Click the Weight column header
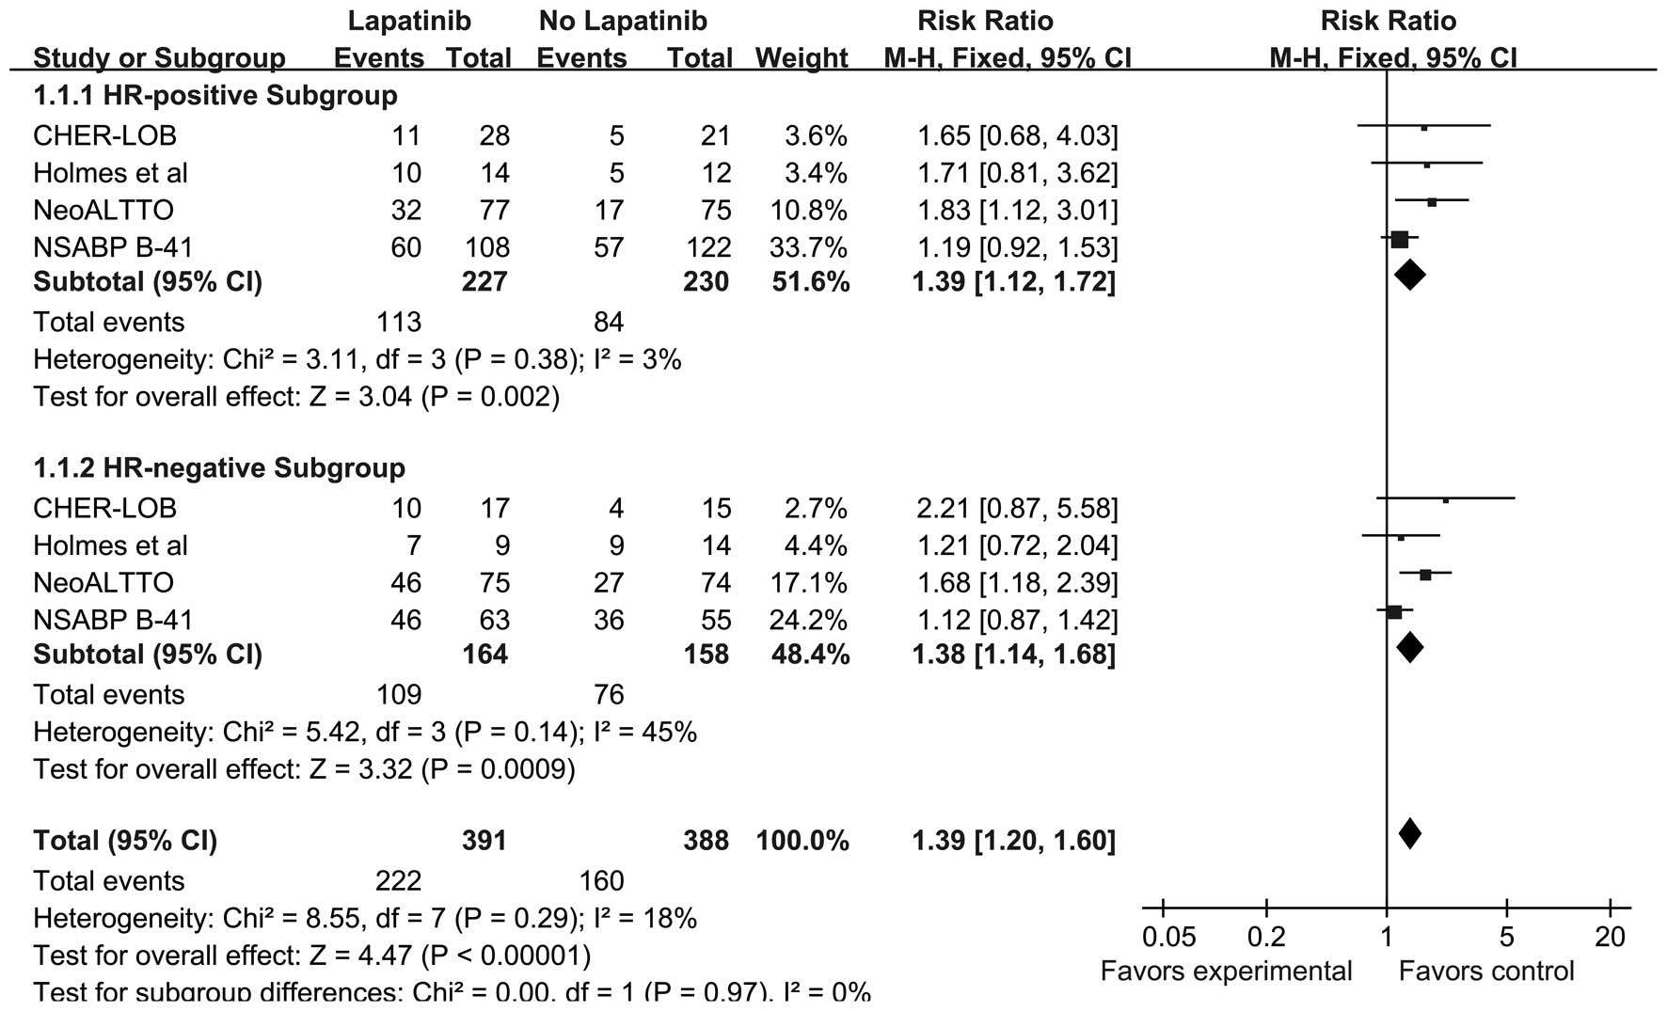tap(802, 58)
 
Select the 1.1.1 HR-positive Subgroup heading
tap(215, 96)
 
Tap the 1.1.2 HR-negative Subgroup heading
tap(219, 468)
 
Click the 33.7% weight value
tap(811, 247)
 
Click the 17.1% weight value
tap(811, 582)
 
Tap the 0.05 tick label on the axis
tap(1168, 937)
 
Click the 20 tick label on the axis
tap(1611, 937)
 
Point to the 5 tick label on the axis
tap(1507, 937)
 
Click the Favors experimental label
tap(1226, 971)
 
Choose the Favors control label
tap(1486, 971)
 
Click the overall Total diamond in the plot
tap(1409, 833)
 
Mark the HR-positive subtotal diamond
tap(1409, 276)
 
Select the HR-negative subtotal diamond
tap(1409, 647)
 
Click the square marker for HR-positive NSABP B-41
tap(1399, 240)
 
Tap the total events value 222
tap(399, 880)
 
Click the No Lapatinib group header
tap(623, 21)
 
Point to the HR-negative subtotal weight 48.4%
tap(802, 655)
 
